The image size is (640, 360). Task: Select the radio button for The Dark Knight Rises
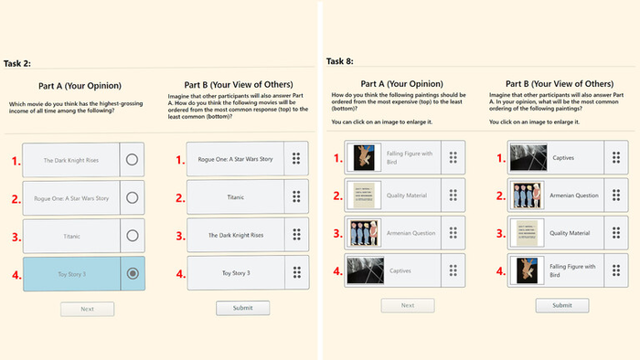coord(133,160)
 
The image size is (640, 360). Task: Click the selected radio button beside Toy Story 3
coord(133,272)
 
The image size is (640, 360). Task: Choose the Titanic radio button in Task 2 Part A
coord(133,235)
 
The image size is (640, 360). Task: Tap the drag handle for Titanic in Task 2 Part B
coord(295,196)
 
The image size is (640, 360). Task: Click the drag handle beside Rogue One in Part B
coord(295,159)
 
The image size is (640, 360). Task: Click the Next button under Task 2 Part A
coord(87,309)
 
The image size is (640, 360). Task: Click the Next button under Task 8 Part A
coord(409,305)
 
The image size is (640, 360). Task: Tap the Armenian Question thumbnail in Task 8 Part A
coord(359,232)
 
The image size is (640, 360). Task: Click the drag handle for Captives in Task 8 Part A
coord(453,270)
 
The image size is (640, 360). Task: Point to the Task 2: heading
coord(18,63)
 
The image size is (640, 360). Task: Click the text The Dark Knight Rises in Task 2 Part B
coord(235,235)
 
